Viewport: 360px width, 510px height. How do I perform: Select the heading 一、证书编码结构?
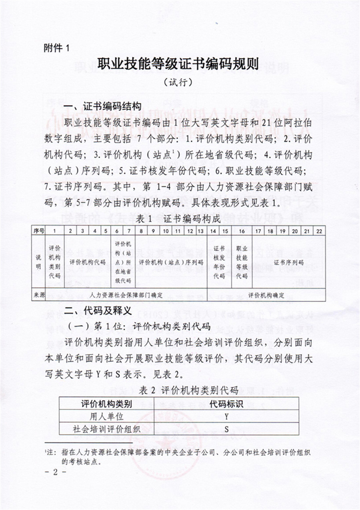tap(103, 106)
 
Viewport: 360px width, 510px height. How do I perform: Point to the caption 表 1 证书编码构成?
tap(178, 218)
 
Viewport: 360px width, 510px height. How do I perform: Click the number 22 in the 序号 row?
tap(319, 231)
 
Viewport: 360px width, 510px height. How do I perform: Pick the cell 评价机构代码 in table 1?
tap(88, 262)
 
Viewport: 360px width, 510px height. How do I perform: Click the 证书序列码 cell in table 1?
tap(288, 262)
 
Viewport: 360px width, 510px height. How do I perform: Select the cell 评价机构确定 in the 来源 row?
tap(266, 295)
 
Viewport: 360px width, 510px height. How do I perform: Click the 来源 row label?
tap(39, 295)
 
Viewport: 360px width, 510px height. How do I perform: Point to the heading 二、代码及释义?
tap(98, 311)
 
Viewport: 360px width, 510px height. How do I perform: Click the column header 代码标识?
tap(226, 403)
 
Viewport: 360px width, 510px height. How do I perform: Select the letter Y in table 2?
tap(226, 416)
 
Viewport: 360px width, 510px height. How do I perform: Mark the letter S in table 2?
tap(226, 430)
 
